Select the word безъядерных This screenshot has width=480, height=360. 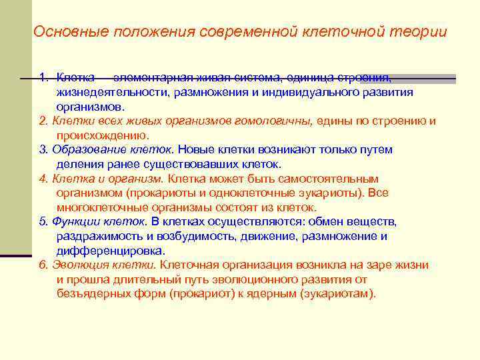pyautogui.click(x=94, y=293)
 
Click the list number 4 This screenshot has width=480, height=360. pyautogui.click(x=43, y=179)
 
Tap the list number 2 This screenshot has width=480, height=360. pyautogui.click(x=43, y=121)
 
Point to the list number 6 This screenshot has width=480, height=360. pyautogui.click(x=43, y=265)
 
